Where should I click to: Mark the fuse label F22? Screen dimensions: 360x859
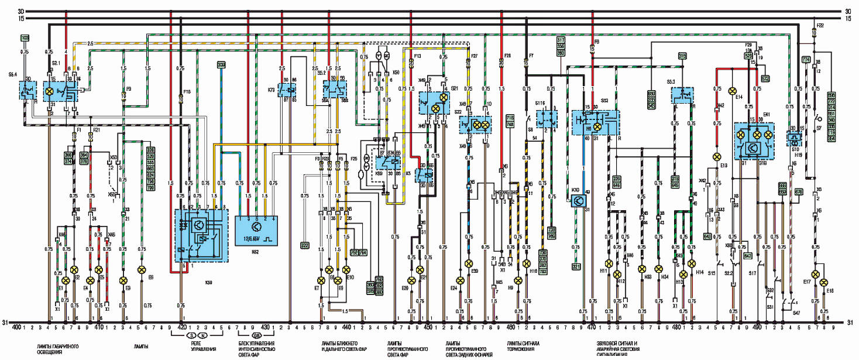point(820,26)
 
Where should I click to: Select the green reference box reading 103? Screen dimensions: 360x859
point(25,39)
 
